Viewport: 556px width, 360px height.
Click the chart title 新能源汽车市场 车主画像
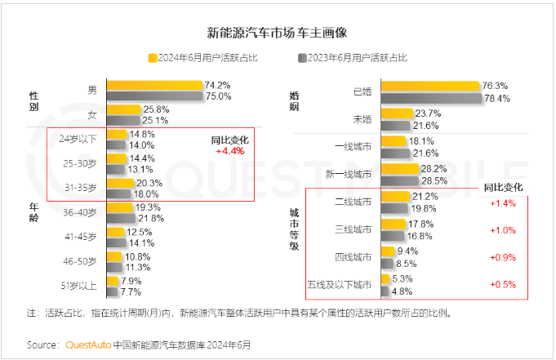pyautogui.click(x=278, y=33)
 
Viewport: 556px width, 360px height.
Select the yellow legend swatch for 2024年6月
pyautogui.click(x=152, y=58)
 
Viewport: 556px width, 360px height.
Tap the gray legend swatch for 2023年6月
pyautogui.click(x=301, y=58)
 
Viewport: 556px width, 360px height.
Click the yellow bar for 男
pyautogui.click(x=154, y=85)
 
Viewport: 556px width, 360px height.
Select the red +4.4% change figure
pyautogui.click(x=230, y=151)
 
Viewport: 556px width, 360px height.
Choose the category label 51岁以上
pyautogui.click(x=80, y=286)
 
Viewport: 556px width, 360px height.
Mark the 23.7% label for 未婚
pyautogui.click(x=427, y=113)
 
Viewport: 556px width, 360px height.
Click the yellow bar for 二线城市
pyautogui.click(x=396, y=197)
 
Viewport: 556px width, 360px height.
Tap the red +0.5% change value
pyautogui.click(x=501, y=284)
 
